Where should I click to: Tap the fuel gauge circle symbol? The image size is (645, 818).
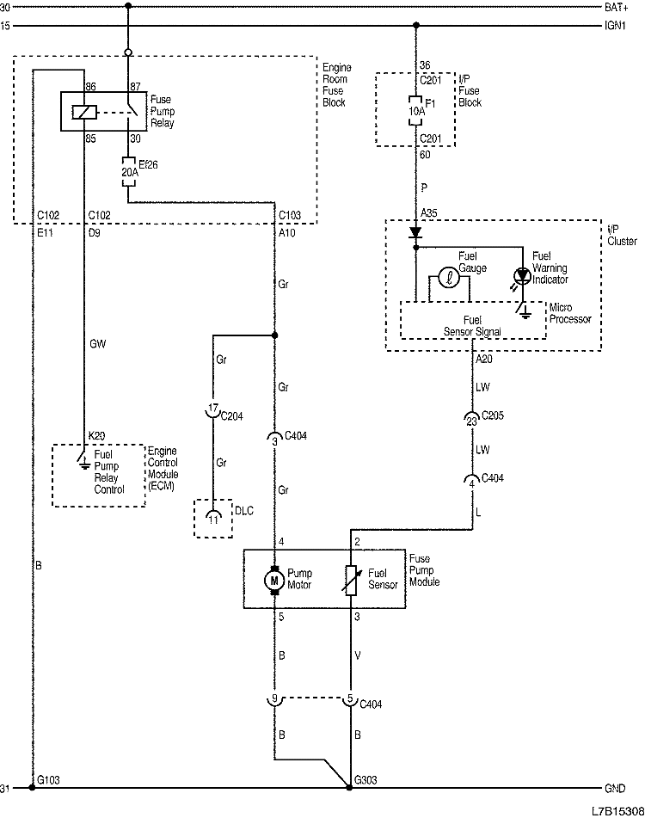click(447, 278)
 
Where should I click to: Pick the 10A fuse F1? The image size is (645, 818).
click(416, 110)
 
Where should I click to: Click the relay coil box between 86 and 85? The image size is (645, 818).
click(83, 110)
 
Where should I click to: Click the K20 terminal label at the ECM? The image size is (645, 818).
click(97, 437)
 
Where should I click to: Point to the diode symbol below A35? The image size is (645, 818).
click(416, 232)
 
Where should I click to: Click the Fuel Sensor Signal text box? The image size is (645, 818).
click(472, 321)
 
